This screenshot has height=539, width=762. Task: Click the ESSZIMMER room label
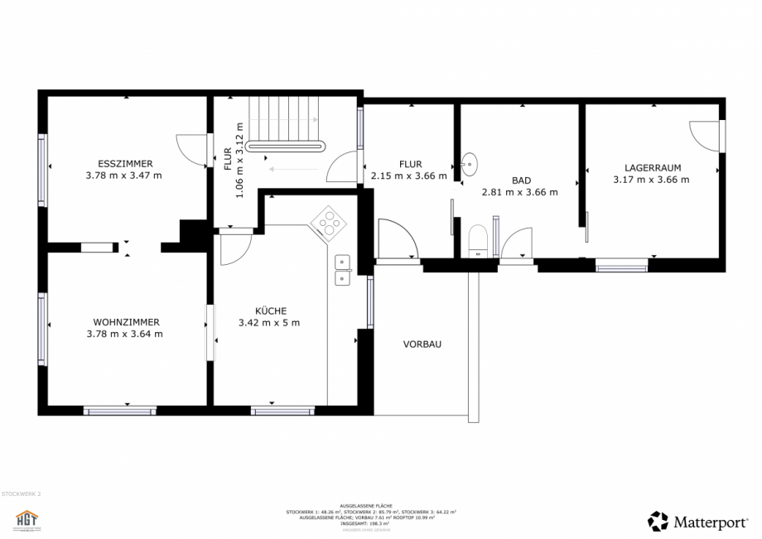125,163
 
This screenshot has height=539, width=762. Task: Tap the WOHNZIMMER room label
126,321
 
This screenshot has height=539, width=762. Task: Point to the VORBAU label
422,344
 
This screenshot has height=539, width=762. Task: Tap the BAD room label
521,180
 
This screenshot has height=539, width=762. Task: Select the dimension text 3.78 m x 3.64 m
124,334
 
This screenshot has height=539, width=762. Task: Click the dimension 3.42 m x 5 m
269,323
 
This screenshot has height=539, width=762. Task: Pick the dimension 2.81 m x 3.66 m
519,192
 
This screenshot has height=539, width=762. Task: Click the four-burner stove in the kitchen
328,221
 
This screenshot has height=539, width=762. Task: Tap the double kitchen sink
342,271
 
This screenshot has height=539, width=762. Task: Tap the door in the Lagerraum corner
705,136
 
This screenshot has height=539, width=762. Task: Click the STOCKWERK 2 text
21,493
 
